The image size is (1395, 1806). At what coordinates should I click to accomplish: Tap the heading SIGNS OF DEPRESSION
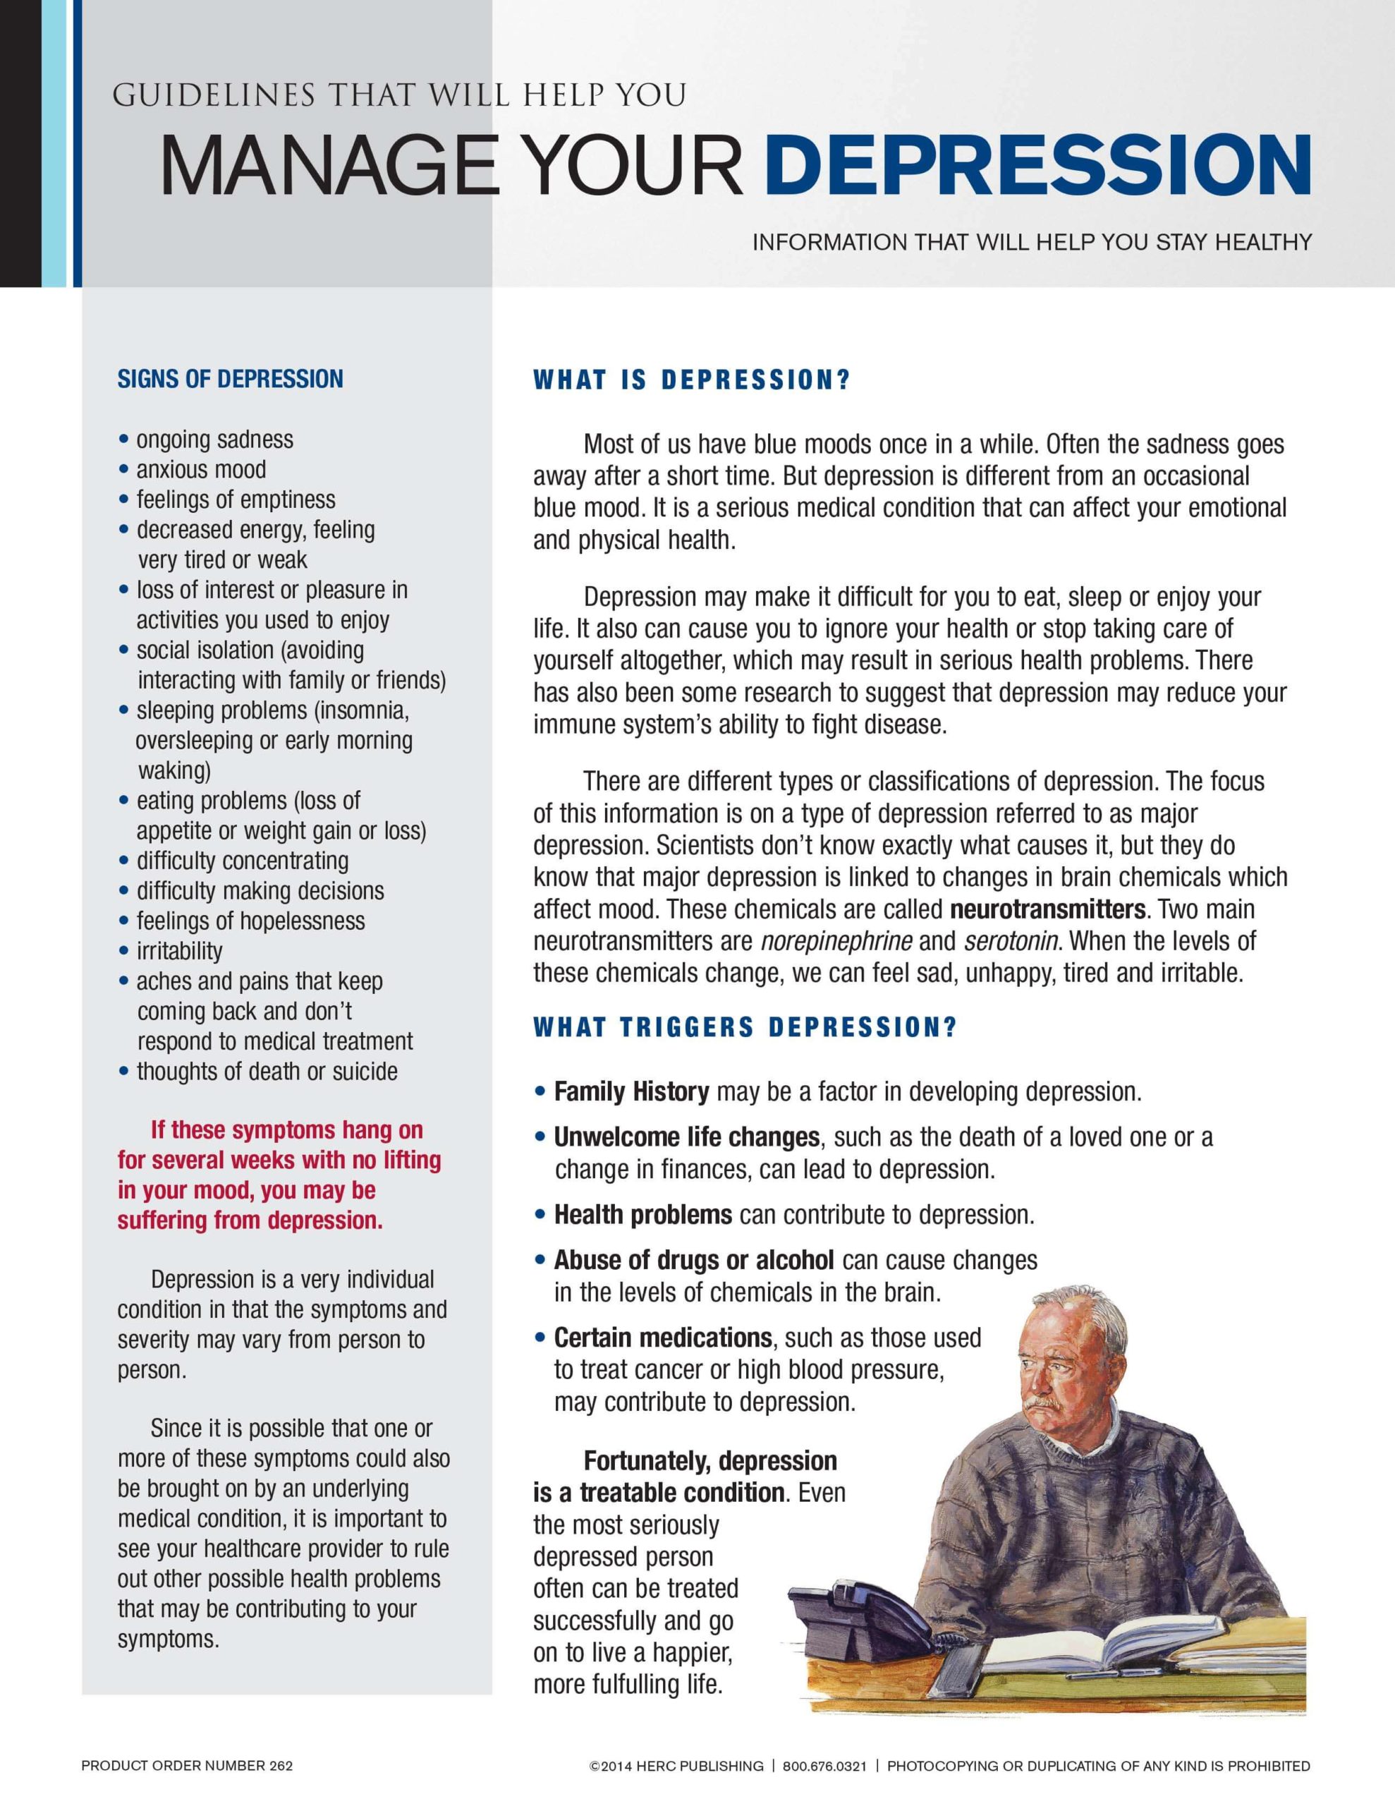point(230,380)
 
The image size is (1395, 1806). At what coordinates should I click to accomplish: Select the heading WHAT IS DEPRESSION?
point(691,380)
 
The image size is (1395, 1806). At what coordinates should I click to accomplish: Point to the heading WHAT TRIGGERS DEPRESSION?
point(745,1027)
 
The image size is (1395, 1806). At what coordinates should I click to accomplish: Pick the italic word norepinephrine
point(836,941)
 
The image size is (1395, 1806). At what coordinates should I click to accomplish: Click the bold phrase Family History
point(631,1091)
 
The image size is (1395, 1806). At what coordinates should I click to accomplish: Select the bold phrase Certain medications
point(662,1338)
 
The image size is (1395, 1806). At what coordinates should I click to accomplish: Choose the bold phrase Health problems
point(642,1215)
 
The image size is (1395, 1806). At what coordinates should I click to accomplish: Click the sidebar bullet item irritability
point(179,951)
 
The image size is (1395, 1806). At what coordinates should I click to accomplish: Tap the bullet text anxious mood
point(201,470)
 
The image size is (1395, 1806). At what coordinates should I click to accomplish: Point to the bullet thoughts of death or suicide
point(267,1072)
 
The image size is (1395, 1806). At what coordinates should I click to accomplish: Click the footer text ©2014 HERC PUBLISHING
point(676,1766)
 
